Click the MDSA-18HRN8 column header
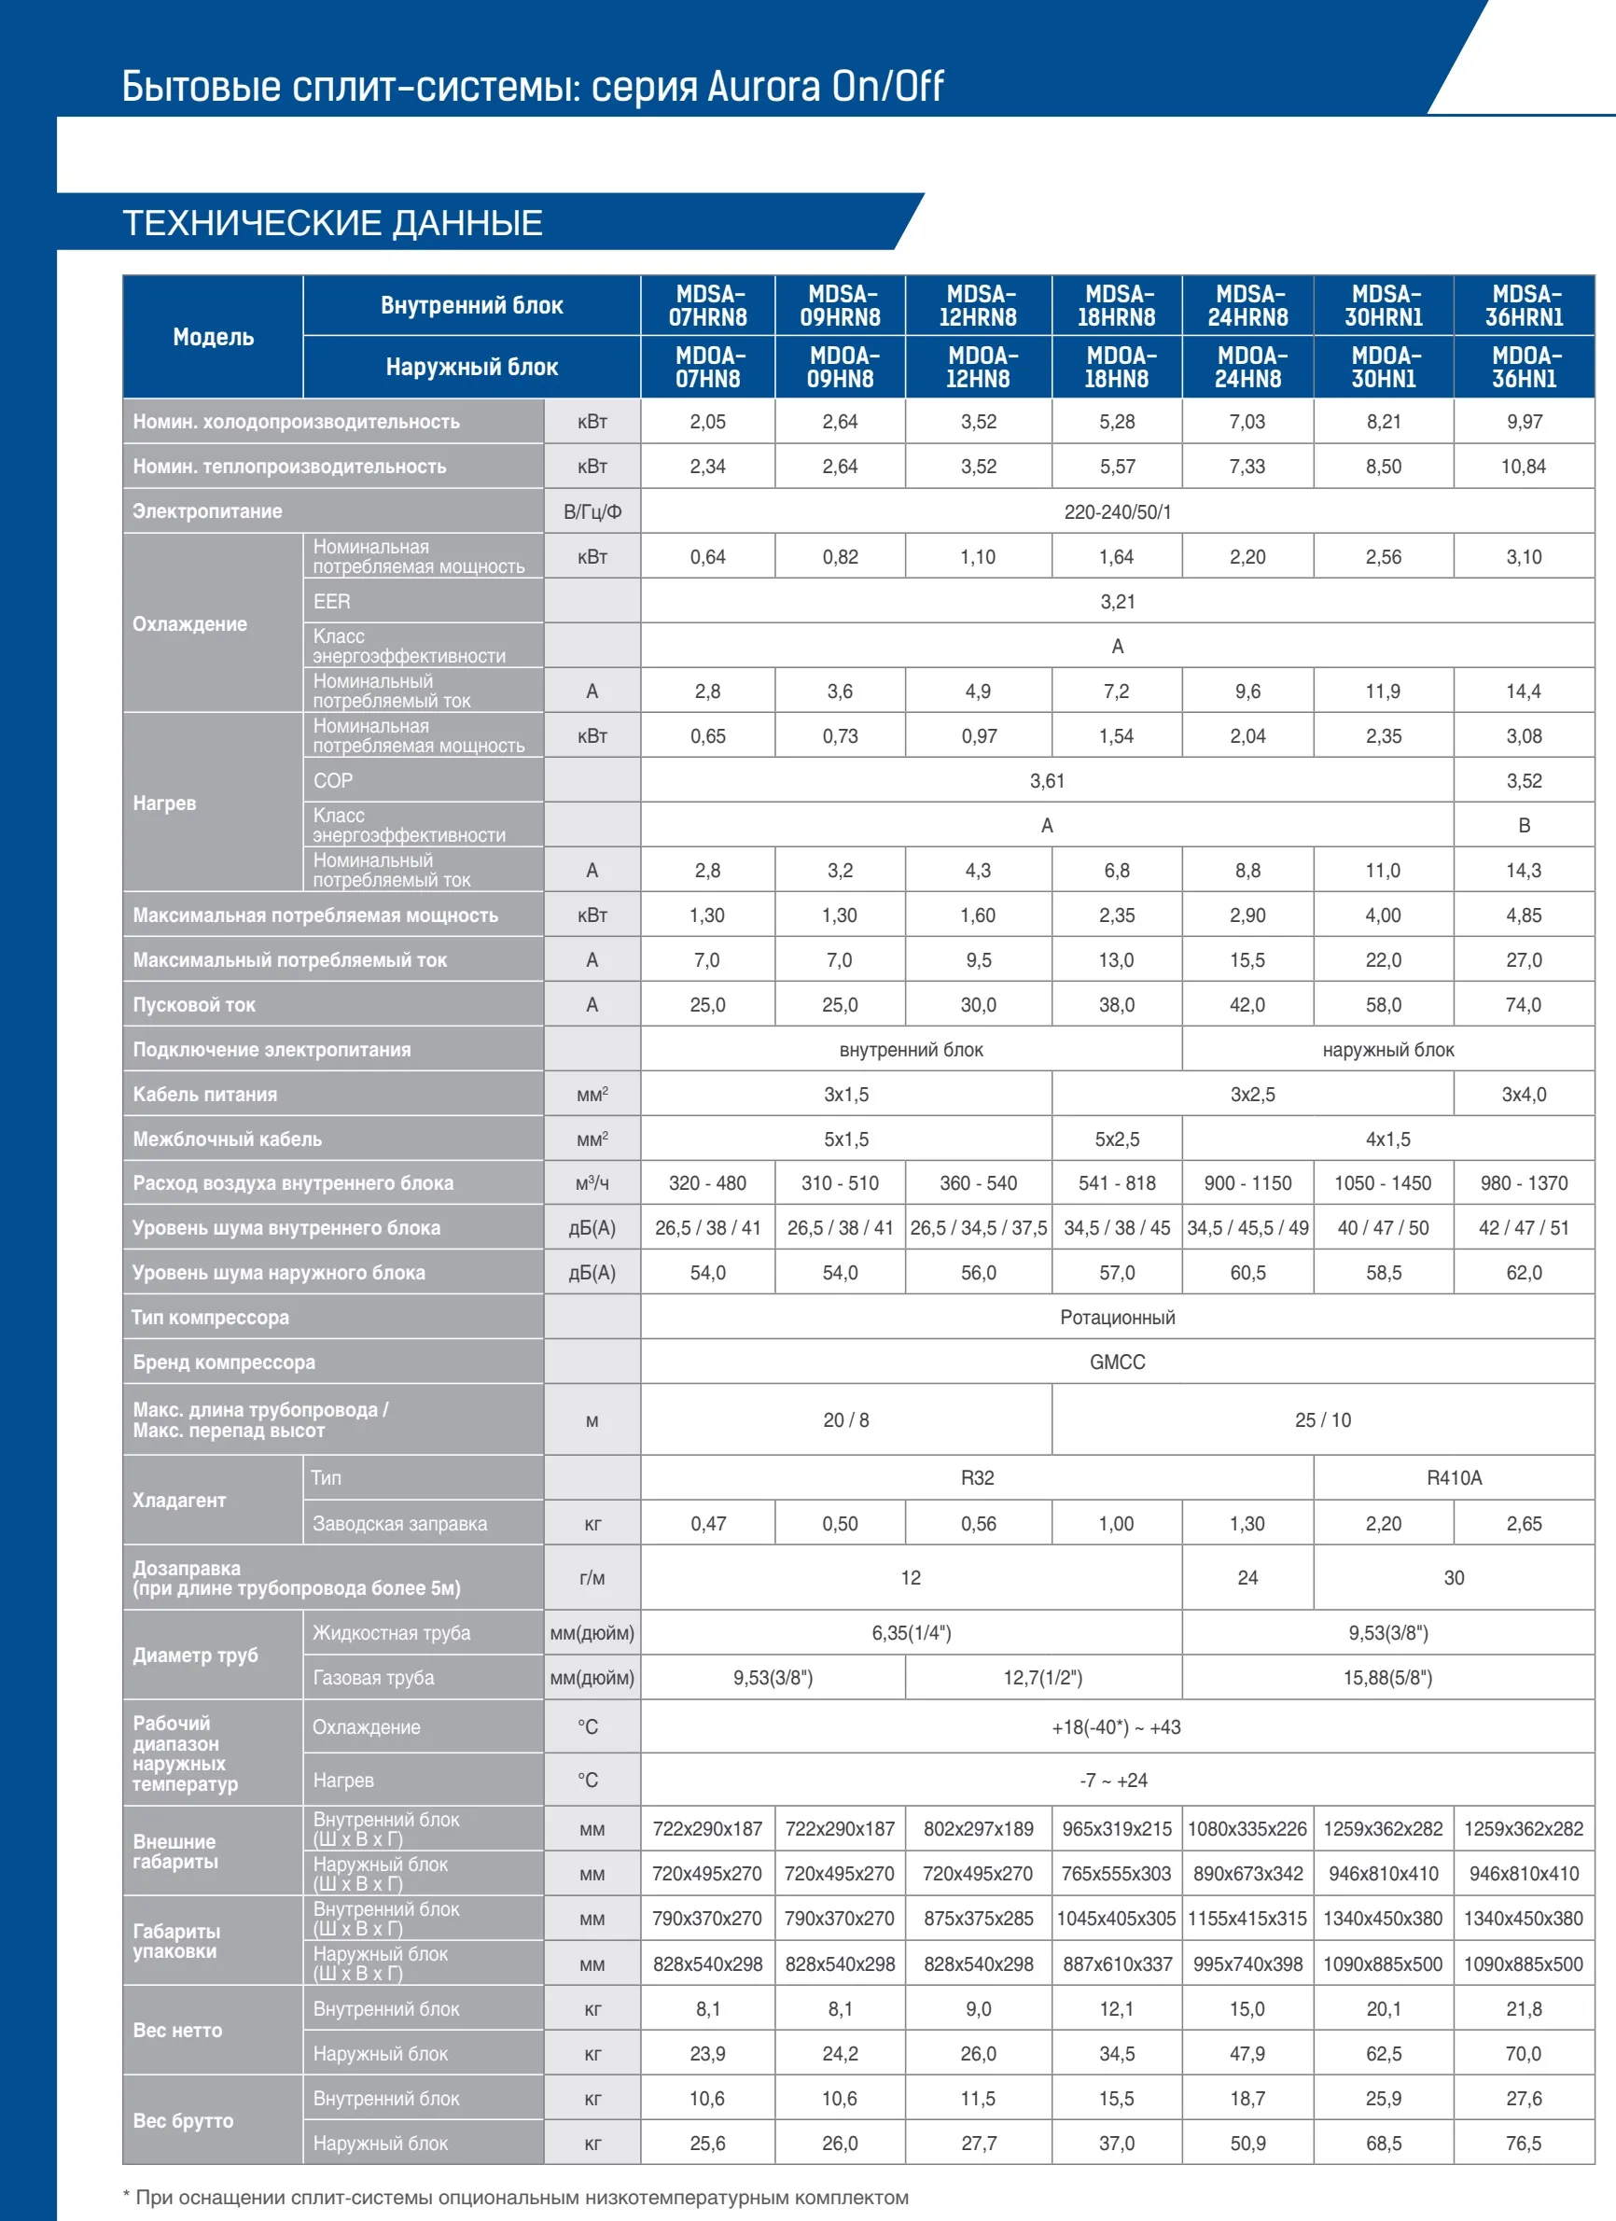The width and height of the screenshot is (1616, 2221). pyautogui.click(x=1117, y=305)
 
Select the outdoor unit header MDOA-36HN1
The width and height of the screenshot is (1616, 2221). pyautogui.click(x=1524, y=368)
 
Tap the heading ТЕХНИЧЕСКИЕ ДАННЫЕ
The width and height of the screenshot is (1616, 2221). pyautogui.click(x=332, y=223)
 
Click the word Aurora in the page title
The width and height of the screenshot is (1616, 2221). pyautogui.click(x=764, y=86)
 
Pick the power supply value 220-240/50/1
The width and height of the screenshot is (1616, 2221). pyautogui.click(x=1118, y=511)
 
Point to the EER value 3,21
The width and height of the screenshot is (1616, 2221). pyautogui.click(x=1118, y=601)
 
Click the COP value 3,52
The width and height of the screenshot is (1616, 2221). pyautogui.click(x=1524, y=780)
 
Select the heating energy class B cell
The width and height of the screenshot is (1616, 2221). pyautogui.click(x=1524, y=826)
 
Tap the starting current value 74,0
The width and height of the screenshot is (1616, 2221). pyautogui.click(x=1524, y=1005)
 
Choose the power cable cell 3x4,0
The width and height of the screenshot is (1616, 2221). pyautogui.click(x=1524, y=1094)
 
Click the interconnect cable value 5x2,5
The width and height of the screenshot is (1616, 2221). pyautogui.click(x=1117, y=1138)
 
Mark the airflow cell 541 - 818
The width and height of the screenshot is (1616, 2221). pyautogui.click(x=1117, y=1183)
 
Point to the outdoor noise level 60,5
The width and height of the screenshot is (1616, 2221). pyautogui.click(x=1247, y=1272)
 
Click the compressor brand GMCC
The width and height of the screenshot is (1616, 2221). pyautogui.click(x=1118, y=1362)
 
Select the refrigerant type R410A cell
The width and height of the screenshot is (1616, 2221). pyautogui.click(x=1455, y=1478)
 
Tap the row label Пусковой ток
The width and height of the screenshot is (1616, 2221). pyautogui.click(x=194, y=1005)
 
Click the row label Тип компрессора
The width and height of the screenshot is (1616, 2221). pyautogui.click(x=211, y=1317)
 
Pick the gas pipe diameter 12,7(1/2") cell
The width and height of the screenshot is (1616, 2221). pyautogui.click(x=1043, y=1678)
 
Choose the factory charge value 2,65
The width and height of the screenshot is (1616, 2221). pyautogui.click(x=1524, y=1524)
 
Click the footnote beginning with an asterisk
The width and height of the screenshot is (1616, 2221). pyautogui.click(x=516, y=2198)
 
